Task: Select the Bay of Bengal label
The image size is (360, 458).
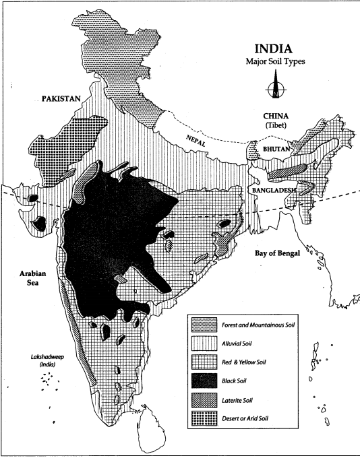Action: tap(282, 253)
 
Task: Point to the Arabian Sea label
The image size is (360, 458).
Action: tap(29, 277)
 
